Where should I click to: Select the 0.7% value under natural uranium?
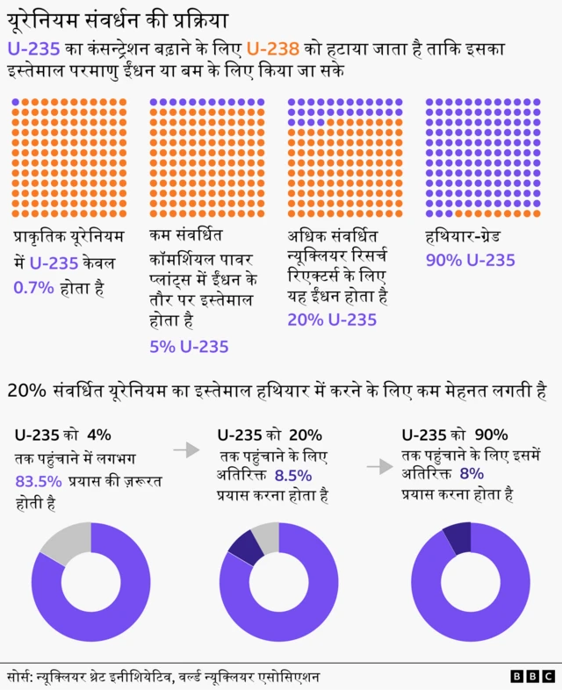(32, 287)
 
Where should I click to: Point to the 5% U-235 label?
(189, 347)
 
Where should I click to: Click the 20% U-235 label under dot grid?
(332, 320)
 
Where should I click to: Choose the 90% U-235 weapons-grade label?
(470, 260)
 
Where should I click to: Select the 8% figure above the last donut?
(472, 474)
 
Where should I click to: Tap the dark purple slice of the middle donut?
(245, 549)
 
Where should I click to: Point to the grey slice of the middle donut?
(266, 536)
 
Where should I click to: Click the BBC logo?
(532, 676)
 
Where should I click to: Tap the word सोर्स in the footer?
(18, 677)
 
